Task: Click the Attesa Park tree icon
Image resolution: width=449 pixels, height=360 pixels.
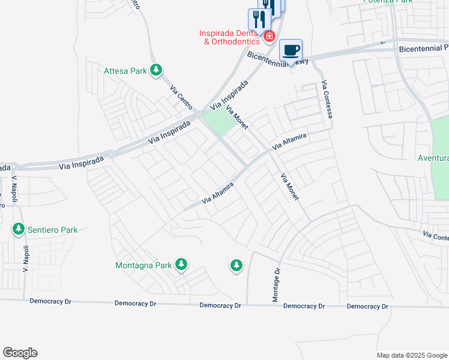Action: (156, 71)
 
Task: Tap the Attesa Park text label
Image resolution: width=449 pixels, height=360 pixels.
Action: (125, 71)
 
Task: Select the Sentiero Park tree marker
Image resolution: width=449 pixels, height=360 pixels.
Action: (19, 229)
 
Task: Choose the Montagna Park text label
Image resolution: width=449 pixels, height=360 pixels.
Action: (144, 265)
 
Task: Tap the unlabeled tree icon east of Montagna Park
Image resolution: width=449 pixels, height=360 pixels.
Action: (237, 265)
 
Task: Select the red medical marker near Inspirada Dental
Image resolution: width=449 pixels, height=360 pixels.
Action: (269, 37)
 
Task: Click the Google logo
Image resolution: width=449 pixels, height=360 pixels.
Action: (20, 353)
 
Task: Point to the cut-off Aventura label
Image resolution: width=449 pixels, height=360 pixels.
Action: (433, 158)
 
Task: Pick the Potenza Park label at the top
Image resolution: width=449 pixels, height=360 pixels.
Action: (388, 2)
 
